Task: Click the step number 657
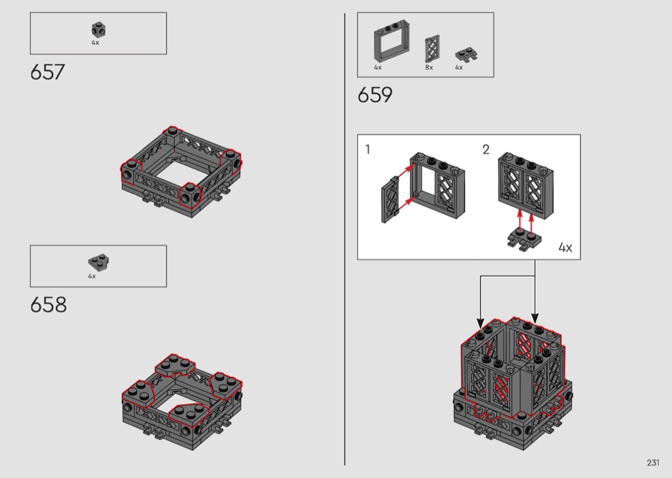[x=47, y=72]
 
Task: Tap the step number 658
[x=49, y=304]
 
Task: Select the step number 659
[x=375, y=95]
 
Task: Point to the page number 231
[x=653, y=463]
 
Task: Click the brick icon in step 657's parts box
[x=98, y=30]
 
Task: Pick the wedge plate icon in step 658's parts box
[x=99, y=261]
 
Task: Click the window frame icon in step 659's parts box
[x=391, y=41]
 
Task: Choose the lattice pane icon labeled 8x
[x=432, y=49]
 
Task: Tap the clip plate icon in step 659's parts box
[x=467, y=54]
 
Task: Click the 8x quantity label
[x=429, y=67]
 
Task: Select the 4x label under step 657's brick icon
[x=95, y=42]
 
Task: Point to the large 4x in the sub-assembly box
[x=565, y=247]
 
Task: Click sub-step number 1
[x=367, y=149]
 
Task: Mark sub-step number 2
[x=486, y=149]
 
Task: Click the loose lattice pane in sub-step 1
[x=390, y=200]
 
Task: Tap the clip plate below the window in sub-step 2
[x=524, y=239]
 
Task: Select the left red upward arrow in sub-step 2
[x=520, y=219]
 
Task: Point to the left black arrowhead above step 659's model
[x=481, y=323]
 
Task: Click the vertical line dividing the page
[x=344, y=239]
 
